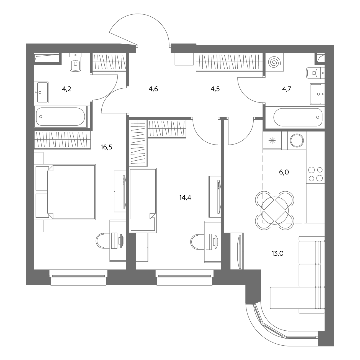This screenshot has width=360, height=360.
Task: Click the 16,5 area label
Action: click(x=106, y=147)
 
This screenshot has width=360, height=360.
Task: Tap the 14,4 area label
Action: click(x=185, y=197)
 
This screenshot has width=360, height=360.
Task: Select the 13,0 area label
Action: click(x=277, y=253)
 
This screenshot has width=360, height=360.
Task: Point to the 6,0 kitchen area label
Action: click(x=284, y=172)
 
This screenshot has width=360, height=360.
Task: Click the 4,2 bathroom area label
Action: click(x=66, y=89)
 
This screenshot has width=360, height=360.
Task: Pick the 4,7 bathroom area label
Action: click(x=287, y=89)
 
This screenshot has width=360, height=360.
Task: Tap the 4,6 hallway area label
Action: click(x=153, y=89)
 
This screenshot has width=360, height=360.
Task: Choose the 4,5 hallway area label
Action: click(x=215, y=89)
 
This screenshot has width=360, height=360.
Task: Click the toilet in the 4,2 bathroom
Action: click(x=76, y=62)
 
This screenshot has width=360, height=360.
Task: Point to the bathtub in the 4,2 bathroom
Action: click(x=61, y=117)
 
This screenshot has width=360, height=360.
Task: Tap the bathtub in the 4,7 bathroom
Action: click(x=298, y=117)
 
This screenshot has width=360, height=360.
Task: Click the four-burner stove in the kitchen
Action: click(x=315, y=174)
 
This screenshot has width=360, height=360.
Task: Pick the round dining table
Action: click(x=275, y=210)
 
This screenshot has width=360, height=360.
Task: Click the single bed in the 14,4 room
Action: click(x=143, y=200)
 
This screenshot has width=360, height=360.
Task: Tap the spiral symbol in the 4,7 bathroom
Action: click(x=274, y=62)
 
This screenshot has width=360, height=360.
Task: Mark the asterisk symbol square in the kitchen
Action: click(x=272, y=140)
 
